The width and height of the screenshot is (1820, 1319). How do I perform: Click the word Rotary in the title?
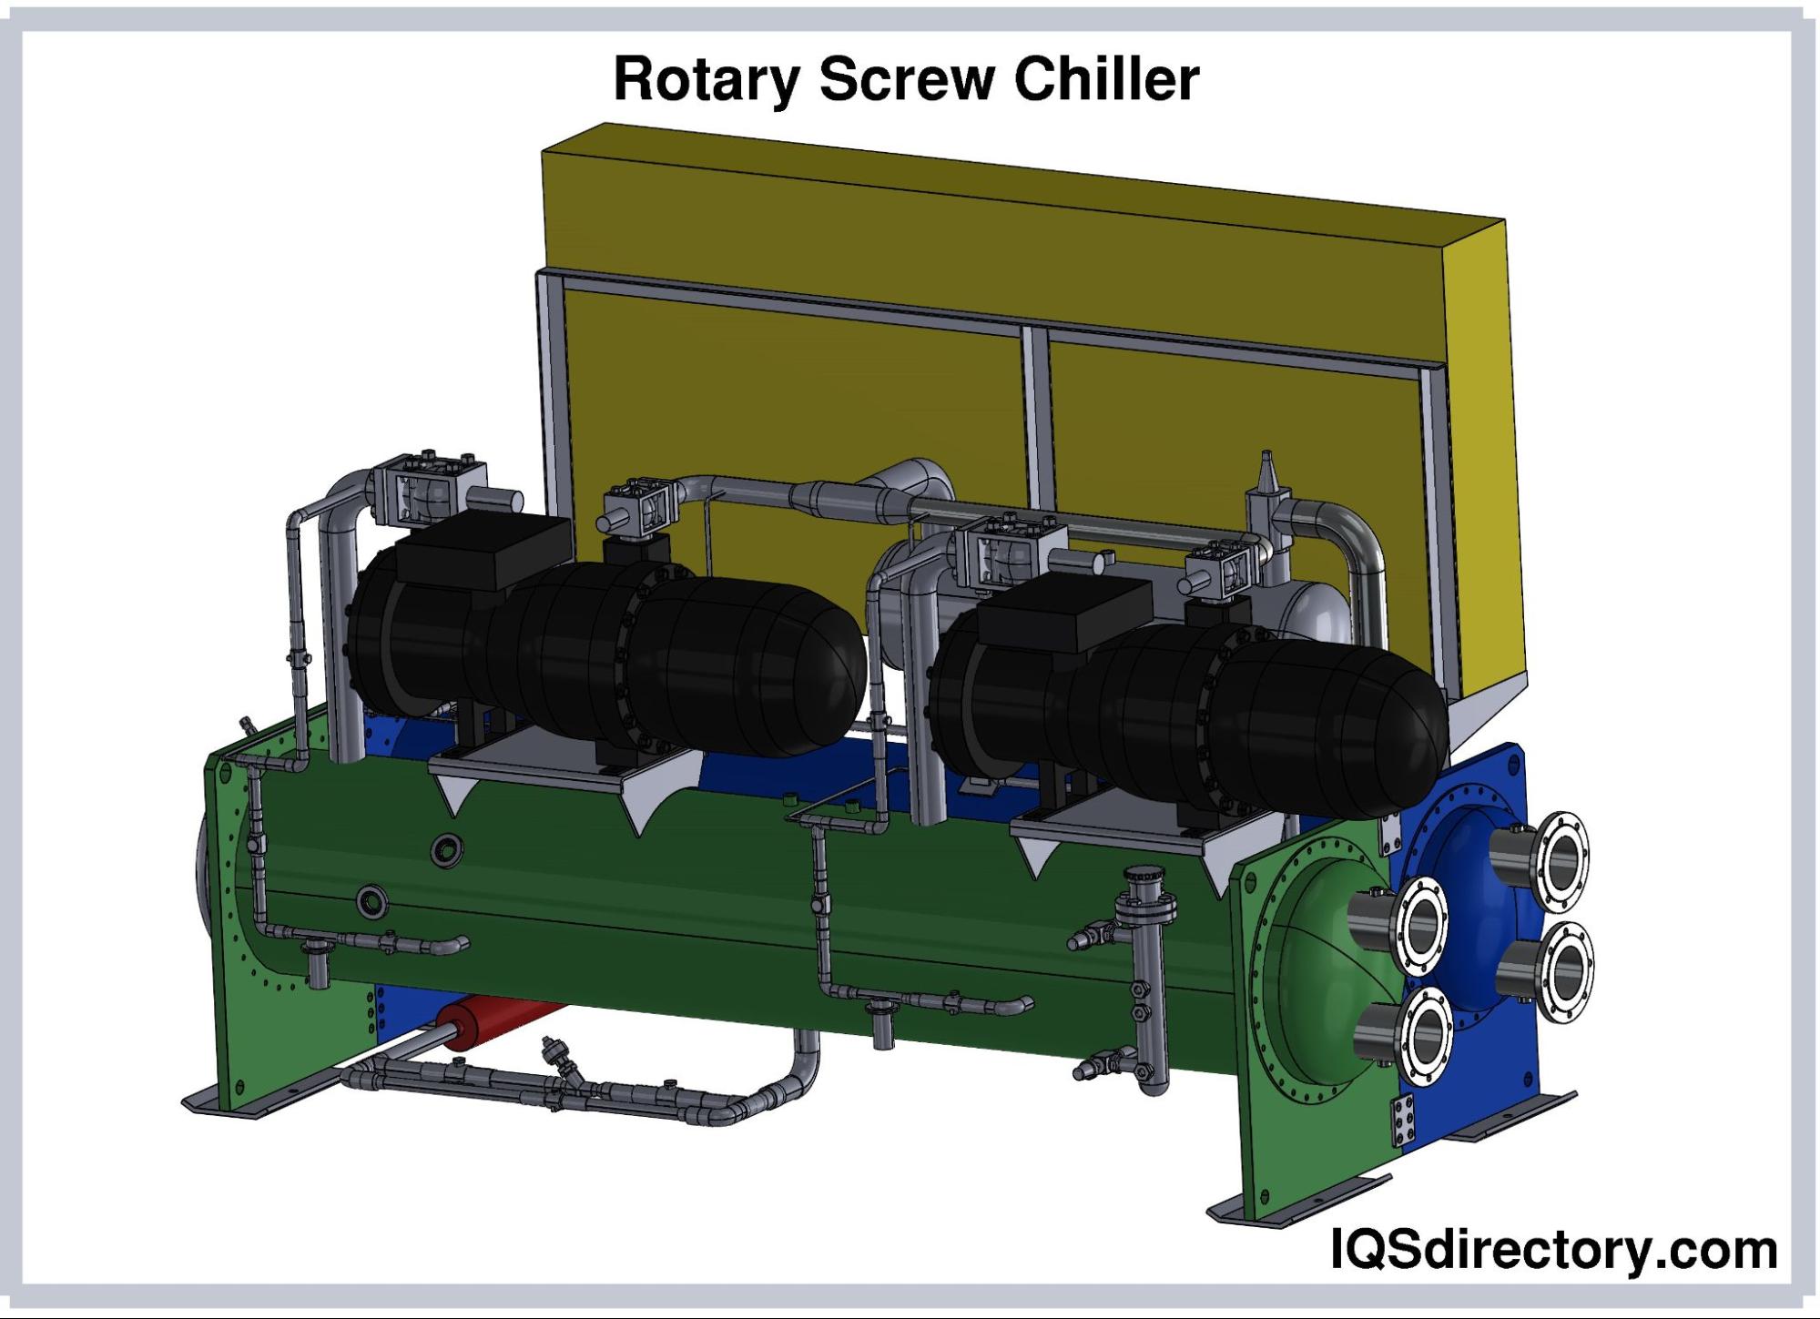click(x=707, y=81)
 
